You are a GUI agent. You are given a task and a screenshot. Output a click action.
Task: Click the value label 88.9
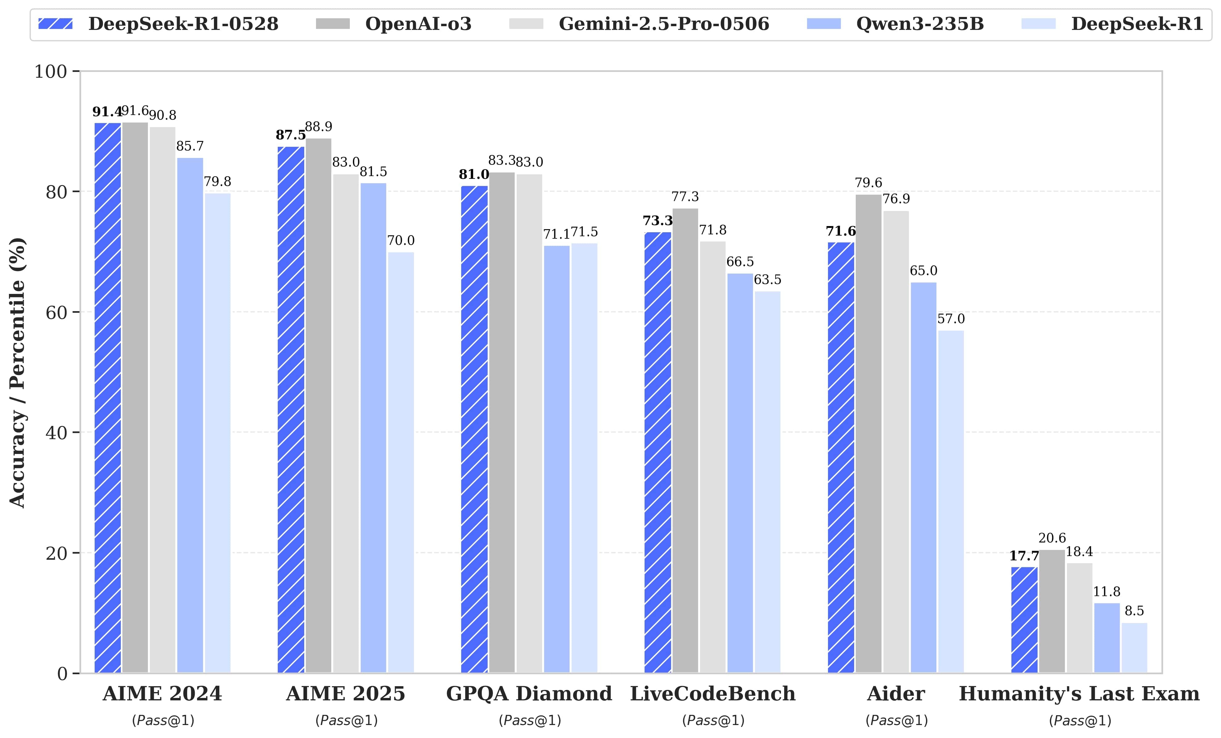point(319,127)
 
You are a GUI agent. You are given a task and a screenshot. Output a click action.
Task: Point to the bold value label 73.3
point(658,221)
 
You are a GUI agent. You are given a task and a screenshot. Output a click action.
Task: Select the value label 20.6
point(1052,538)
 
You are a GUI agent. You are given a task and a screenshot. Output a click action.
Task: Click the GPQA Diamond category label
point(529,693)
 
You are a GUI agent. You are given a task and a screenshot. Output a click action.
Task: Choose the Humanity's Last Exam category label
point(1079,693)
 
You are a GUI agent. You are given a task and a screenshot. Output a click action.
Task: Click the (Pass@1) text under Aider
point(896,720)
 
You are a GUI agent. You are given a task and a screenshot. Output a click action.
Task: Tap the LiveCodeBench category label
point(713,693)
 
